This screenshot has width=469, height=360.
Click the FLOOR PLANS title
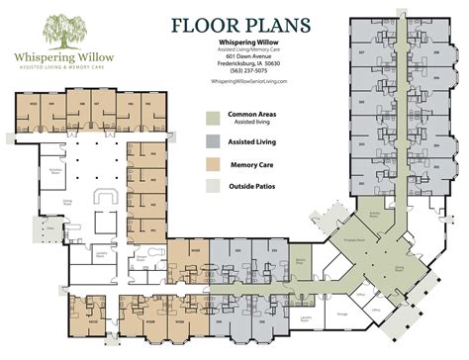pyautogui.click(x=242, y=25)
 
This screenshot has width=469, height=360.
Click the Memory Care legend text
pyautogui.click(x=252, y=164)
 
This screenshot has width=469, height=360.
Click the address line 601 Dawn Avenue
pyautogui.click(x=248, y=57)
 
